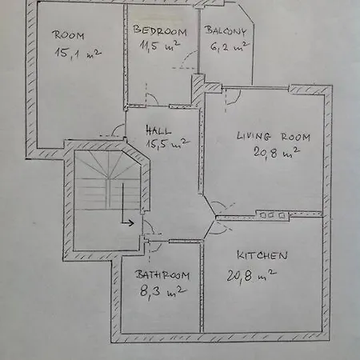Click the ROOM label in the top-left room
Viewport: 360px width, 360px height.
tap(70, 34)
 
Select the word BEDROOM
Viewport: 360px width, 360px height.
tap(160, 31)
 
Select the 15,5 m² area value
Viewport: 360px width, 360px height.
tap(166, 145)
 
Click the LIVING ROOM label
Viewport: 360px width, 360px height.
tap(273, 136)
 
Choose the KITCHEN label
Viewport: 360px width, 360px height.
tap(262, 255)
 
